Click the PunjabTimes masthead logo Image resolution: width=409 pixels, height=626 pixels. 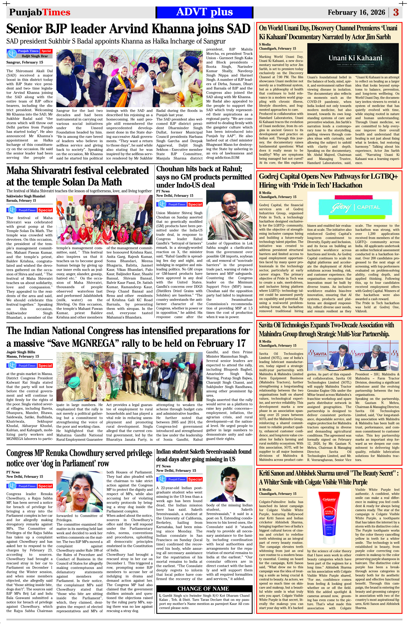40,12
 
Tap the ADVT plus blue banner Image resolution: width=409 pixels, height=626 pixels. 204,12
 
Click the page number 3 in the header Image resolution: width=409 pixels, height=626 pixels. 396,12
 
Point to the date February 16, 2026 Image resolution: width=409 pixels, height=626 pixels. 356,12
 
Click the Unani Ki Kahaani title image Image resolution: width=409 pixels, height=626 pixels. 353,58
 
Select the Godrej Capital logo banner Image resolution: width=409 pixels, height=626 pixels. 353,207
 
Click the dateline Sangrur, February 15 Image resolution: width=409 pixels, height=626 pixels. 25,62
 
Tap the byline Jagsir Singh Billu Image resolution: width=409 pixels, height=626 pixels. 21,352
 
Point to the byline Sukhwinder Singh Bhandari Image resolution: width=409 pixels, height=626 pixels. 26,196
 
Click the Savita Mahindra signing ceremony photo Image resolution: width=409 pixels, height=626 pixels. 353,355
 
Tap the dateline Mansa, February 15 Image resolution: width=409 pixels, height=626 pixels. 23,356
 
